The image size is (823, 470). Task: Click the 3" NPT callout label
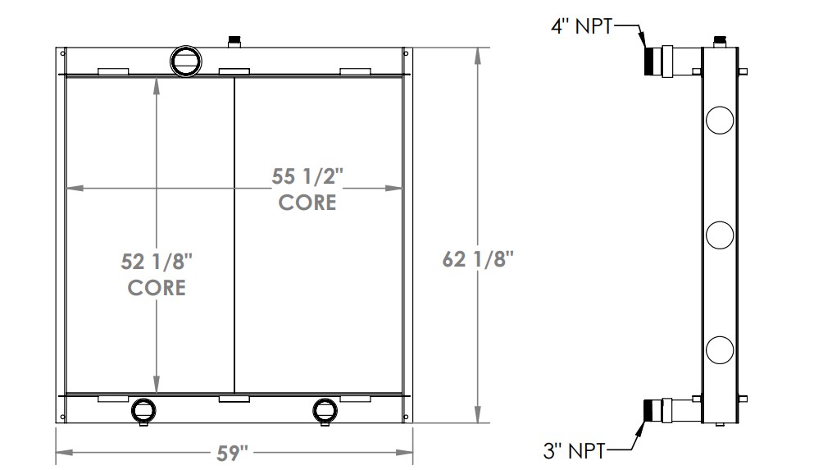coord(575,449)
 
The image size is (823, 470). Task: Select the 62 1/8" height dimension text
coord(478,260)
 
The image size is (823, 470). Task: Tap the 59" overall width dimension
coord(234,452)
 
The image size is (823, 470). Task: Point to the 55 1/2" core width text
coord(307,176)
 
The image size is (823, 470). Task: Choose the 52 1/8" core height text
coord(157,262)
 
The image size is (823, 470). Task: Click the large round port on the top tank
coord(184,59)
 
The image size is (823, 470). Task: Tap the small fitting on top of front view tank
coord(234,40)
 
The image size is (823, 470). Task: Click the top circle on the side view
coord(719,120)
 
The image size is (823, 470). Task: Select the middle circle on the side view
coord(719,235)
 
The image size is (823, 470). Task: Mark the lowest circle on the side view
coord(719,350)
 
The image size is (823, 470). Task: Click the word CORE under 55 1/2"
coord(307,202)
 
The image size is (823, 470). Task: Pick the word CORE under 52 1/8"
coord(157,288)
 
